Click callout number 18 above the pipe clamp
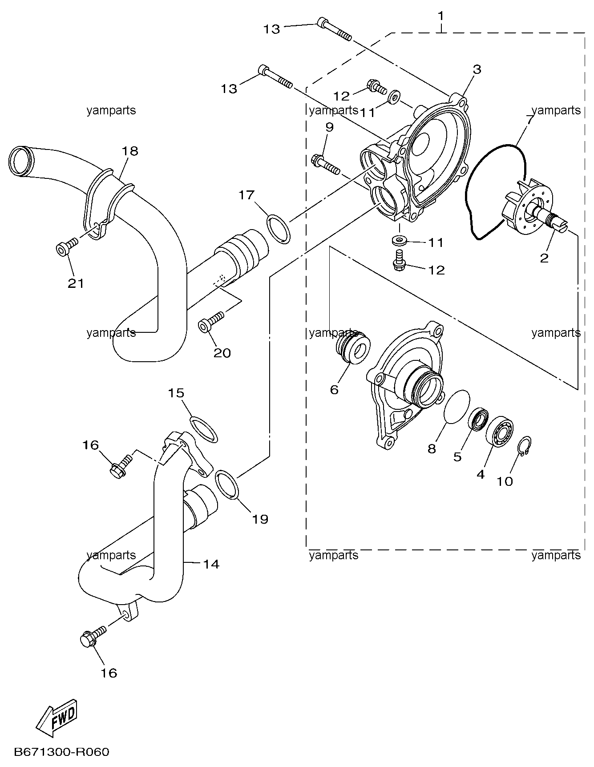point(130,150)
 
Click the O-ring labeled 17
point(279,229)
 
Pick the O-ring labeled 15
point(204,429)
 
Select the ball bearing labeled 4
point(500,430)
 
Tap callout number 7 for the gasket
point(529,120)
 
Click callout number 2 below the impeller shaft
point(544,258)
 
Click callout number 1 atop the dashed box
point(440,16)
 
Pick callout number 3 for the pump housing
point(477,69)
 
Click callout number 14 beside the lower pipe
point(211,564)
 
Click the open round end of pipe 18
point(20,161)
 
